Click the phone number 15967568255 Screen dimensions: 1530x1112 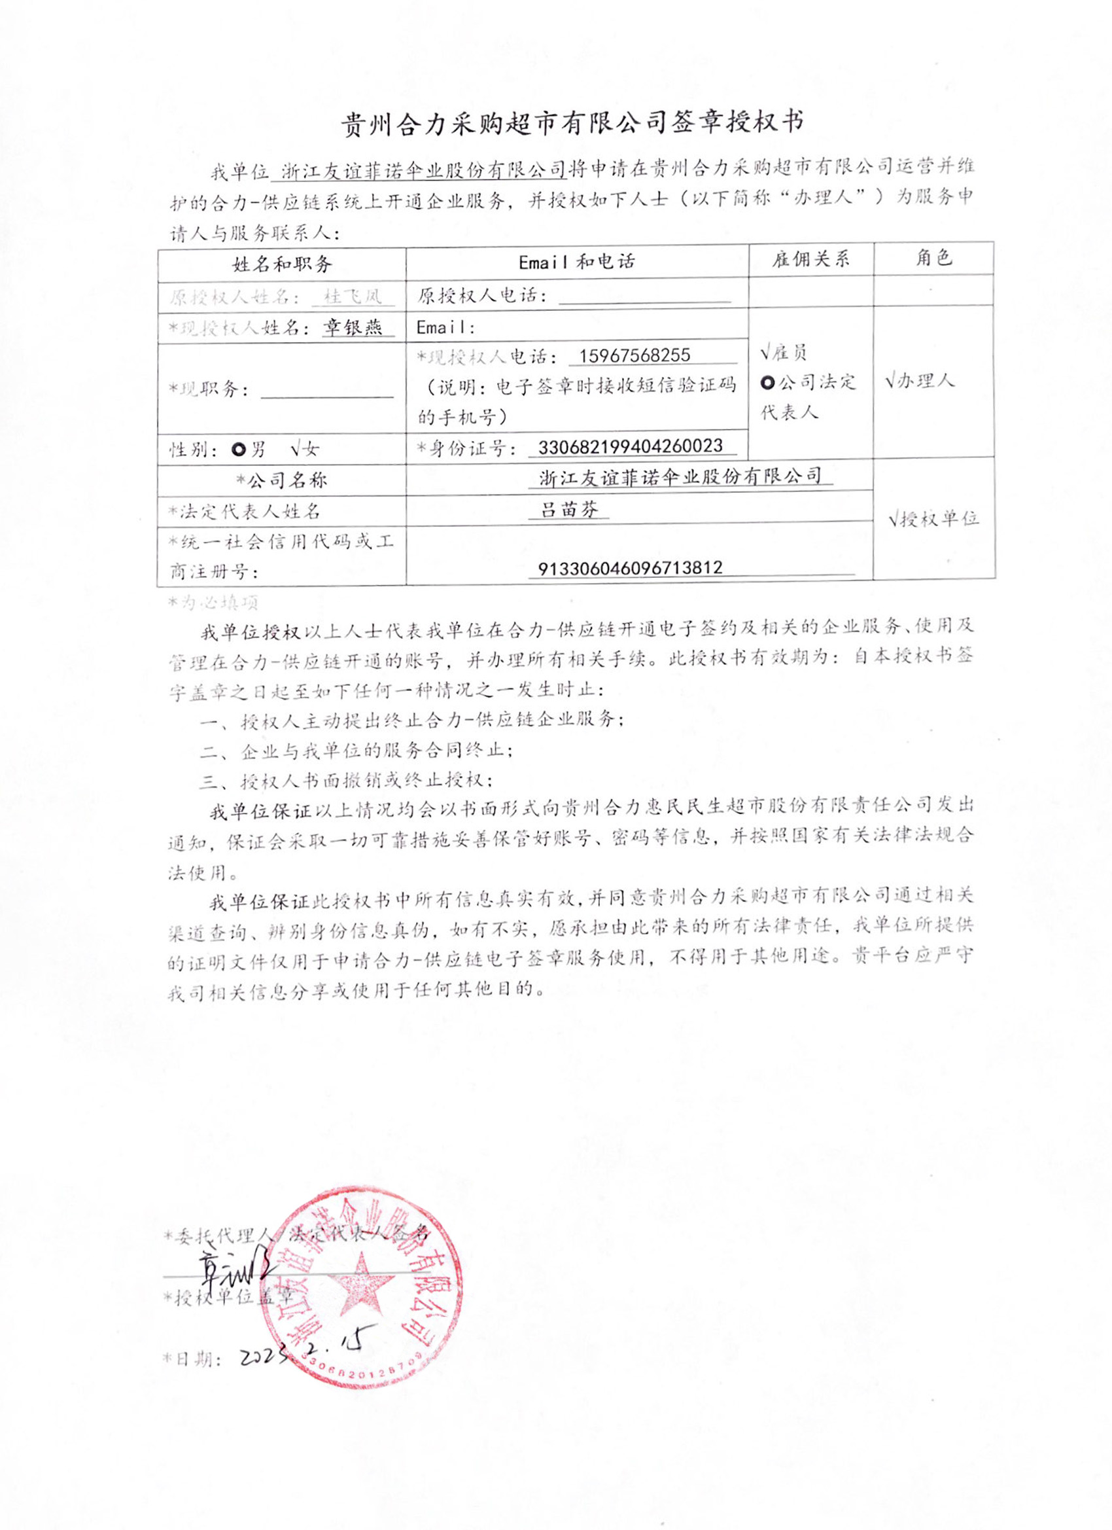pyautogui.click(x=634, y=355)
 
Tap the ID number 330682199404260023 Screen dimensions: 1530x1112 pyautogui.click(x=630, y=446)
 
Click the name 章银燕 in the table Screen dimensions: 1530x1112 pyautogui.click(x=352, y=328)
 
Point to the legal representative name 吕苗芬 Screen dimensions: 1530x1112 pyautogui.click(x=569, y=509)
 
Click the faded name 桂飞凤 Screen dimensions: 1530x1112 pyautogui.click(x=352, y=296)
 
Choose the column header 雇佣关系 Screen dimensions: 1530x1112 pyautogui.click(x=810, y=259)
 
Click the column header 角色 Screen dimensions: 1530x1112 pyautogui.click(x=933, y=258)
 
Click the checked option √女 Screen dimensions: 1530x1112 pyautogui.click(x=305, y=449)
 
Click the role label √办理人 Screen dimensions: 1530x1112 pyautogui.click(x=920, y=381)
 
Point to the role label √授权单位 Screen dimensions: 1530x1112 pyautogui.click(x=933, y=519)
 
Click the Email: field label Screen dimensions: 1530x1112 pyautogui.click(x=445, y=328)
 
